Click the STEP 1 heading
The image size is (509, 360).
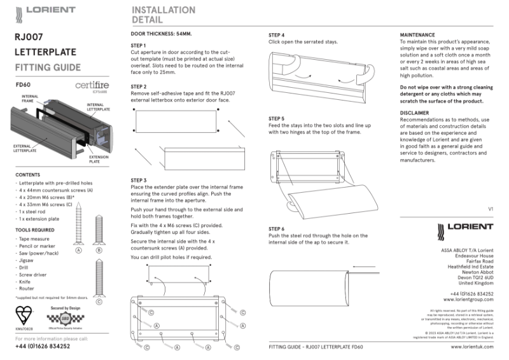tap(138, 46)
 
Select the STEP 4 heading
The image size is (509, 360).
tap(276, 35)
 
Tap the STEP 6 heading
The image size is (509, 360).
tap(276, 228)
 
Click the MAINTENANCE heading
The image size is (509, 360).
tap(417, 35)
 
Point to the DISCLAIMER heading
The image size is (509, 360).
tap(415, 113)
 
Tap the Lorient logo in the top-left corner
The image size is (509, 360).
tap(45, 10)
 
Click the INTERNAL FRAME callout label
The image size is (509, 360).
tap(28, 98)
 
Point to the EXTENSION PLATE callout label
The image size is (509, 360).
tap(98, 159)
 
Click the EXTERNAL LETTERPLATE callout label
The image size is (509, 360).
tap(25, 148)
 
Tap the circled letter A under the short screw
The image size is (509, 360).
tap(79, 251)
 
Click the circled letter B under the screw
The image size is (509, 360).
tap(99, 251)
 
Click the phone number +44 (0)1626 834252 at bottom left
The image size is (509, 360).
tap(42, 347)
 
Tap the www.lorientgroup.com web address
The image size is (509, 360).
tap(468, 298)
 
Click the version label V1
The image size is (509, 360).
tap(490, 209)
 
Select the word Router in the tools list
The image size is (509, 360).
tap(26, 288)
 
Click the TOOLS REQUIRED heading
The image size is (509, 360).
tap(35, 230)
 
